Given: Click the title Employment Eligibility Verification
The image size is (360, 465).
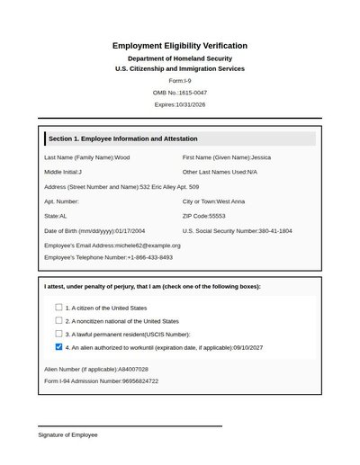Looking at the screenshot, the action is click(180, 46).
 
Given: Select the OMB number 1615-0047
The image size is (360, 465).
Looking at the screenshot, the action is click(193, 93).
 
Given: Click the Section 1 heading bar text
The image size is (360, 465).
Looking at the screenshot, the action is click(123, 139).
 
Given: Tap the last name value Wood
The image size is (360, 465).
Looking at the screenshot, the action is click(122, 157).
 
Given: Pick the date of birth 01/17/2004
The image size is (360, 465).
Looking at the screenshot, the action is click(131, 231).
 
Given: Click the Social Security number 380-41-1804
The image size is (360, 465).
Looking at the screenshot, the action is click(275, 231).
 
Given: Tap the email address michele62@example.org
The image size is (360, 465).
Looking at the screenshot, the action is click(148, 246).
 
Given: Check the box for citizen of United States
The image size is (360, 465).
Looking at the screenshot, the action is click(58, 308).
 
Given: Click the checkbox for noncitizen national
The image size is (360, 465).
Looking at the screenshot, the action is click(58, 320).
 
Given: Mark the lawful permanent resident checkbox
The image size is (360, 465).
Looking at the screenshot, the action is click(58, 333).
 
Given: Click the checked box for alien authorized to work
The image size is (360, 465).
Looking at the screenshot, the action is click(58, 346).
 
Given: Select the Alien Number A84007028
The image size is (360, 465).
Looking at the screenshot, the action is click(127, 369).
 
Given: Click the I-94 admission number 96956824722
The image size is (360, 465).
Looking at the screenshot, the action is click(141, 380).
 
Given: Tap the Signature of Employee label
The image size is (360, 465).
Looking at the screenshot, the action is click(67, 434).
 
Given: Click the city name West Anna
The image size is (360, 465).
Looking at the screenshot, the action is click(231, 201).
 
